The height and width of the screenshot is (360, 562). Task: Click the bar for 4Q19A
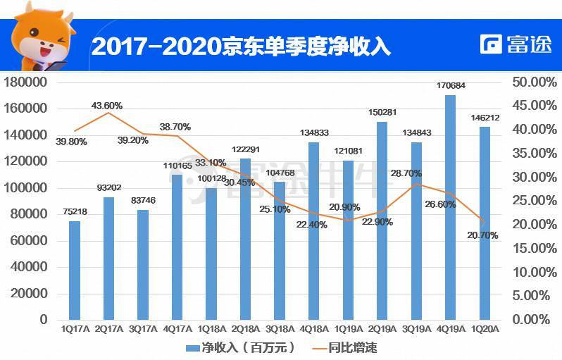(450, 207)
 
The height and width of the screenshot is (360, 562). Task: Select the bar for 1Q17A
(75, 270)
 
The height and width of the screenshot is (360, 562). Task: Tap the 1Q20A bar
(485, 223)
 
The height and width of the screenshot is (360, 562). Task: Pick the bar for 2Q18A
(246, 239)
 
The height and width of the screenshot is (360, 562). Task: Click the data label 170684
(451, 85)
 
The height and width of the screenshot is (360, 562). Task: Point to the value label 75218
(75, 211)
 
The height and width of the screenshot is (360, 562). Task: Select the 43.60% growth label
(107, 106)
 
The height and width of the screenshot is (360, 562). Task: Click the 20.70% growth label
(482, 235)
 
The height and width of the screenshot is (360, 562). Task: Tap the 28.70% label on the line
(406, 173)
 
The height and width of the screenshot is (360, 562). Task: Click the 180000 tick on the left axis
(25, 82)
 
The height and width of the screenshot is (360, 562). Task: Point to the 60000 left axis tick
(29, 240)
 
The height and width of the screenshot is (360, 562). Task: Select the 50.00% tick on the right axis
(535, 82)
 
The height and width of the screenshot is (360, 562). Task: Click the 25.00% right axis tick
(535, 201)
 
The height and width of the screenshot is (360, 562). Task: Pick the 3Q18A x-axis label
(280, 329)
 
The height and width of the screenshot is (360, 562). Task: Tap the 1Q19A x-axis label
(349, 329)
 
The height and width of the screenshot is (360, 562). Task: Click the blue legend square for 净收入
(193, 348)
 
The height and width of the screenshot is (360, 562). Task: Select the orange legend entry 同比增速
(345, 347)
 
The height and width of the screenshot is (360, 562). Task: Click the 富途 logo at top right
(516, 44)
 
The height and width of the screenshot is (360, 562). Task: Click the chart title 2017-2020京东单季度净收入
(241, 46)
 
